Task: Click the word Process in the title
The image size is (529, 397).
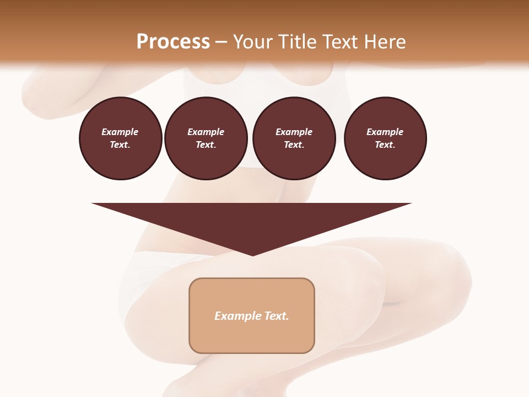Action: coord(173,42)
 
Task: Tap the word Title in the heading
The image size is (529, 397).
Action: coord(296,42)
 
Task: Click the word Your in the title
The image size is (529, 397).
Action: coord(253,42)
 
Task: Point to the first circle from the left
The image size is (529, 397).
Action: coord(121,138)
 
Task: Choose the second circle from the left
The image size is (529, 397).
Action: coord(206,138)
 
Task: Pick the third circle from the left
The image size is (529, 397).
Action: coord(294,138)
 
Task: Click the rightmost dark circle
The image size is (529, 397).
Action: coord(385,138)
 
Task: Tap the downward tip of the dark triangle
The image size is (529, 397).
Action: coord(252,254)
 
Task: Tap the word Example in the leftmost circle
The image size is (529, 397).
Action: coord(120,132)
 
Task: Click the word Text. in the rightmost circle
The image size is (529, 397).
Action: coord(385,144)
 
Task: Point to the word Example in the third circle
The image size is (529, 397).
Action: coord(294,132)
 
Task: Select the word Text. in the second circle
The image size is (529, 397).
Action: coord(206,144)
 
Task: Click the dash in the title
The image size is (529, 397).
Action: coord(222,42)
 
